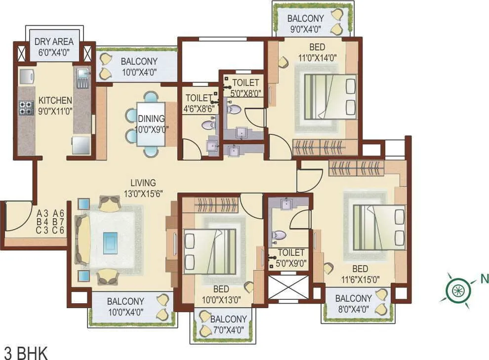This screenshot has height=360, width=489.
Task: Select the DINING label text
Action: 151,119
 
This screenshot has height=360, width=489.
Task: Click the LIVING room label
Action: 143,183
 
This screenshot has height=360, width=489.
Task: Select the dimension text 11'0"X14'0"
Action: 316,57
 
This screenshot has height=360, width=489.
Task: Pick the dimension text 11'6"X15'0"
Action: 360,279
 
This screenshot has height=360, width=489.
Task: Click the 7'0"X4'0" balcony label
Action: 228,329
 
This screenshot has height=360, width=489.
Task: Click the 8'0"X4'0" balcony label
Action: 353,309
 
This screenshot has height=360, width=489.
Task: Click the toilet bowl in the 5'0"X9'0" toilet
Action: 279,236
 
